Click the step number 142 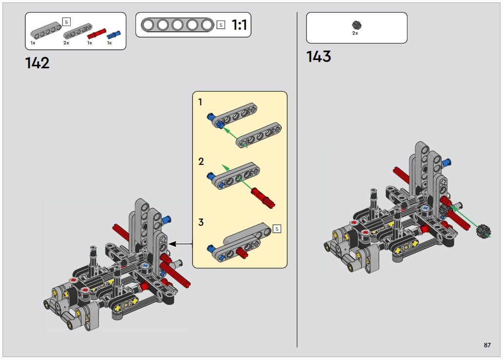point(38,63)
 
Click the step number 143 point(319,57)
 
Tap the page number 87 point(487,345)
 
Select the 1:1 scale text point(240,25)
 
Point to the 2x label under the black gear point(355,33)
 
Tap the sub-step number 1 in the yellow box point(200,102)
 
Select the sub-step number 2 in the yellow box point(201,161)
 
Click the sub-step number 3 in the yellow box point(201,222)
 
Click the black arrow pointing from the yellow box point(180,243)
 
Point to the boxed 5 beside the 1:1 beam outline point(221,24)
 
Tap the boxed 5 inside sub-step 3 point(277,228)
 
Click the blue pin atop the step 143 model point(446,160)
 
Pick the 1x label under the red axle point(90,43)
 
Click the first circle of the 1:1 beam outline point(148,24)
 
